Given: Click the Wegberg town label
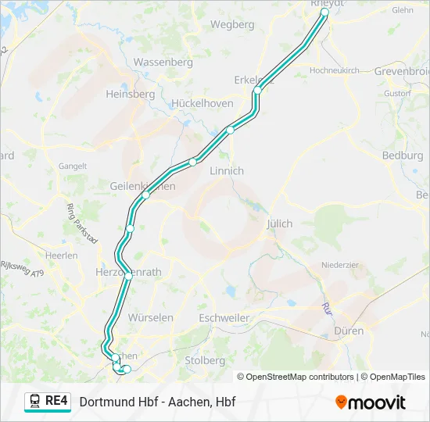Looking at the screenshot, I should [x=233, y=24].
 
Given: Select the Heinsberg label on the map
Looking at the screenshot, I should [x=131, y=94].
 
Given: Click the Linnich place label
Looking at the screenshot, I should [x=227, y=170].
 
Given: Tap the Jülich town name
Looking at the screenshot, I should [x=279, y=224].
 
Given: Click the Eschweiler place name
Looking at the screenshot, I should [x=224, y=318].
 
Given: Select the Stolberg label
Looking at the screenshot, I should [x=205, y=360].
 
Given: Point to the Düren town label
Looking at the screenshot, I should [x=349, y=331].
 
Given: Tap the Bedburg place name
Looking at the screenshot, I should [x=403, y=156].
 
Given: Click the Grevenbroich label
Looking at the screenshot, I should [x=402, y=71].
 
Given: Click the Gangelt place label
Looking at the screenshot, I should [x=73, y=166].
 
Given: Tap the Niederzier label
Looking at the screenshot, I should [x=340, y=265].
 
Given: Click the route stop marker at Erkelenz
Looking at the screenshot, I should [x=256, y=91].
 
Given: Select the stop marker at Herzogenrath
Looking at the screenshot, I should [x=128, y=275].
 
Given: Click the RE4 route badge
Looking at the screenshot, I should [x=47, y=402].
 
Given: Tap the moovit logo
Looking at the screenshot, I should [x=371, y=402].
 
